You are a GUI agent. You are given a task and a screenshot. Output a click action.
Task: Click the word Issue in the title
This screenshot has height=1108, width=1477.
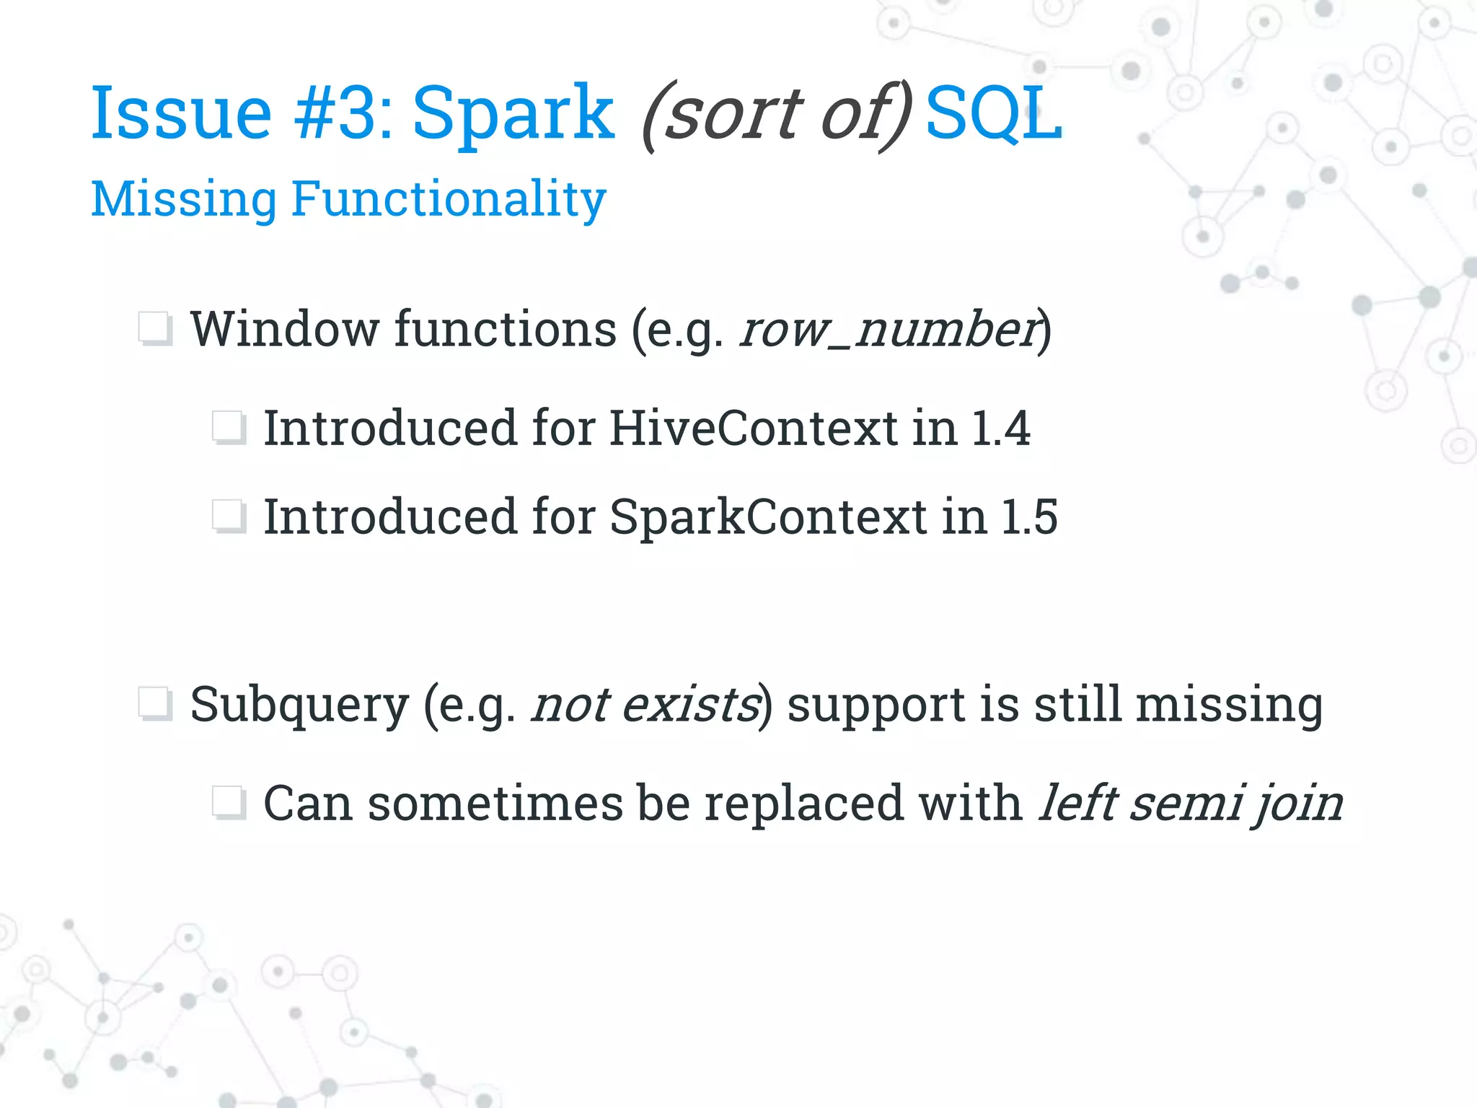180,113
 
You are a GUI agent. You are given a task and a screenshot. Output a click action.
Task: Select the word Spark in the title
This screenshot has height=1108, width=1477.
513,113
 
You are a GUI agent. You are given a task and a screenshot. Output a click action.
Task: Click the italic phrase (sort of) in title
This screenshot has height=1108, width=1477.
777,115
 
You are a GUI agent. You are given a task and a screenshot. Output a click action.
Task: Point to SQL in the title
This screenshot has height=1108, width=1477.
993,113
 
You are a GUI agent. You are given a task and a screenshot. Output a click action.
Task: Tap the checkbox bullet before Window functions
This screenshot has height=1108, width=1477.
155,330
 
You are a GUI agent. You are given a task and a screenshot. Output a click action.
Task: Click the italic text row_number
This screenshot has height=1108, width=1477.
889,330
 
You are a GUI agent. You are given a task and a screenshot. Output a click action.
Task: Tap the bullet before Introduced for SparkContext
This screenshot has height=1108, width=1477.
229,516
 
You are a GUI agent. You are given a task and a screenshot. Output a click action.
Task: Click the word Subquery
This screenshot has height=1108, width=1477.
299,705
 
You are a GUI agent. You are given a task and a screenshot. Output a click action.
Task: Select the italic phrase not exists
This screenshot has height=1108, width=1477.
646,705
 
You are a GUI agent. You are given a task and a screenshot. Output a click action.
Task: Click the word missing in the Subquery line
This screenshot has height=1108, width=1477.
1229,705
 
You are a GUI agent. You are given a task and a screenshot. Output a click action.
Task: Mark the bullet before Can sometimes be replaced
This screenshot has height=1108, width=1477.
229,803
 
